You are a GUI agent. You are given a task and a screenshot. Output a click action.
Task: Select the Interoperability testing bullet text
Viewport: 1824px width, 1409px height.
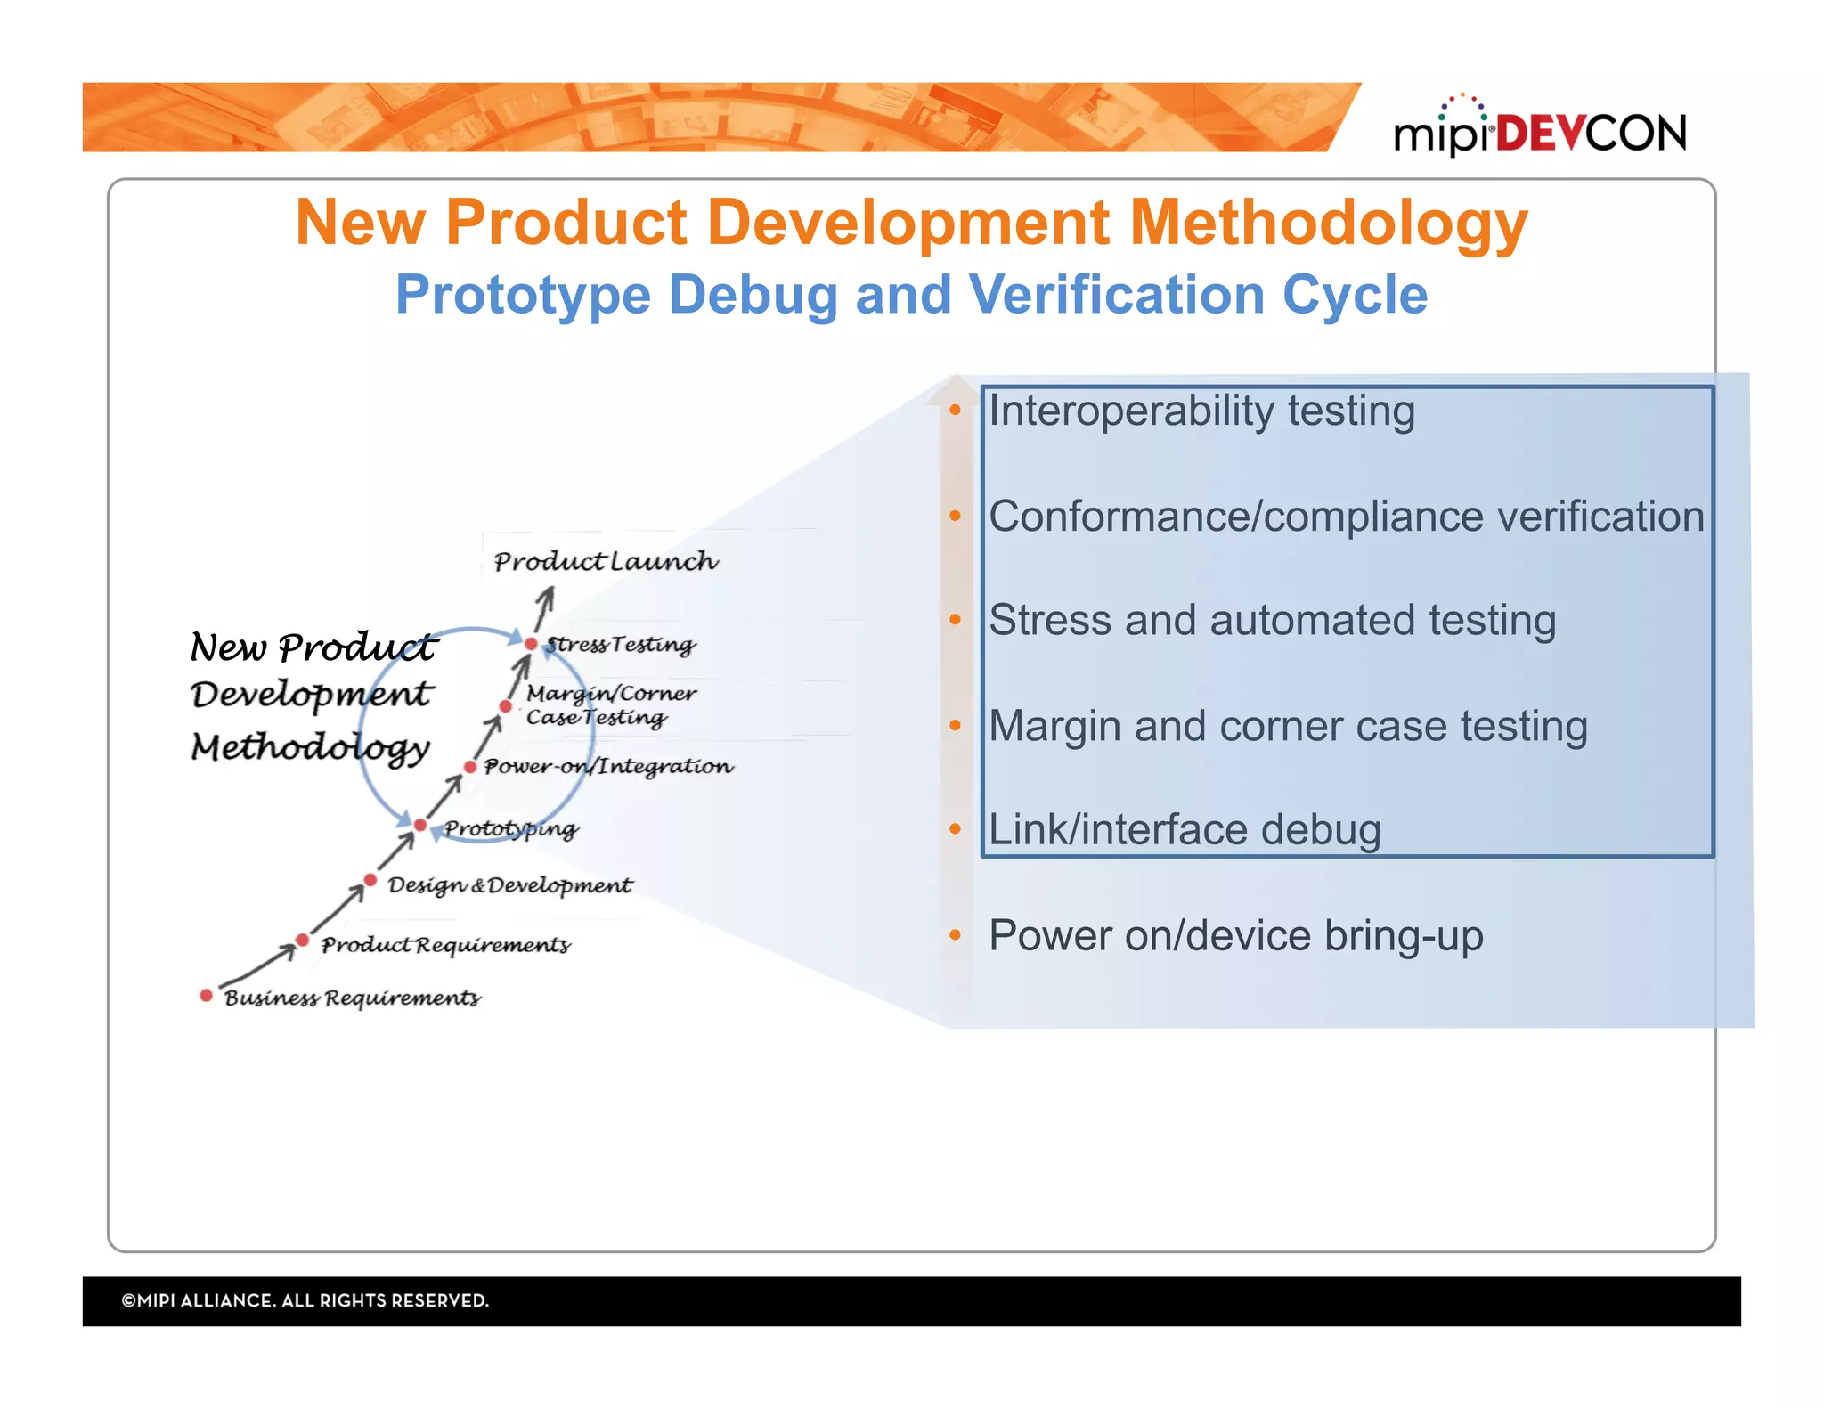point(1201,411)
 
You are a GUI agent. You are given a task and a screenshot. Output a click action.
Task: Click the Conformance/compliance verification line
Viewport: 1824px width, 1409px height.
point(1345,517)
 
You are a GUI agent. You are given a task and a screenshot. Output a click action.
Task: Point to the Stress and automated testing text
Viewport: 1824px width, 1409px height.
point(1272,620)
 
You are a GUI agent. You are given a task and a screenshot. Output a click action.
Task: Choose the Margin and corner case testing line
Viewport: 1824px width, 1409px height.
point(1287,726)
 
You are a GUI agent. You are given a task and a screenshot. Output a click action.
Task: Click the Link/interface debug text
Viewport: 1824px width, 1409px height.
point(1185,829)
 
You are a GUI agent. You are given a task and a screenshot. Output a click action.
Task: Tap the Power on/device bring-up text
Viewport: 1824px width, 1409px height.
point(1235,935)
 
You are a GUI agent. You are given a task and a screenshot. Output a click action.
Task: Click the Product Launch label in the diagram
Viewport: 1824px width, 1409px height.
point(606,561)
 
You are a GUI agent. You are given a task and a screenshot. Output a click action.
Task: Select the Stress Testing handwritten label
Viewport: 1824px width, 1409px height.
point(621,644)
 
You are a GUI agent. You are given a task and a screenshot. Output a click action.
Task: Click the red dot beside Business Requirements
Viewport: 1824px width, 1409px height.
point(206,995)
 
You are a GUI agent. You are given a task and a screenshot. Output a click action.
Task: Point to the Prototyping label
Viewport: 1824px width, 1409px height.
point(511,829)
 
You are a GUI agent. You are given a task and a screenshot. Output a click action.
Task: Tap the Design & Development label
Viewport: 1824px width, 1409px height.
point(509,885)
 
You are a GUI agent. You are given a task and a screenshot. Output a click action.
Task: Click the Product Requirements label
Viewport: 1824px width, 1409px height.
point(445,944)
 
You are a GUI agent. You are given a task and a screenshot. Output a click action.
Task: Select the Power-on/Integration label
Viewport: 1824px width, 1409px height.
point(608,767)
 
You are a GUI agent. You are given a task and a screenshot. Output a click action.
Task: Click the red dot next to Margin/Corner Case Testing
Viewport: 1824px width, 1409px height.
point(505,706)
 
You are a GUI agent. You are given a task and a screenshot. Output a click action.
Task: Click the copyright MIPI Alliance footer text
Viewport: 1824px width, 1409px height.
point(305,1300)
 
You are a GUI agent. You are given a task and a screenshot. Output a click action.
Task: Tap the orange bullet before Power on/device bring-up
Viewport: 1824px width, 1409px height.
point(955,935)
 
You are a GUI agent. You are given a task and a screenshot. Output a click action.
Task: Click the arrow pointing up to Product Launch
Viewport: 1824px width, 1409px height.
point(544,610)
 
